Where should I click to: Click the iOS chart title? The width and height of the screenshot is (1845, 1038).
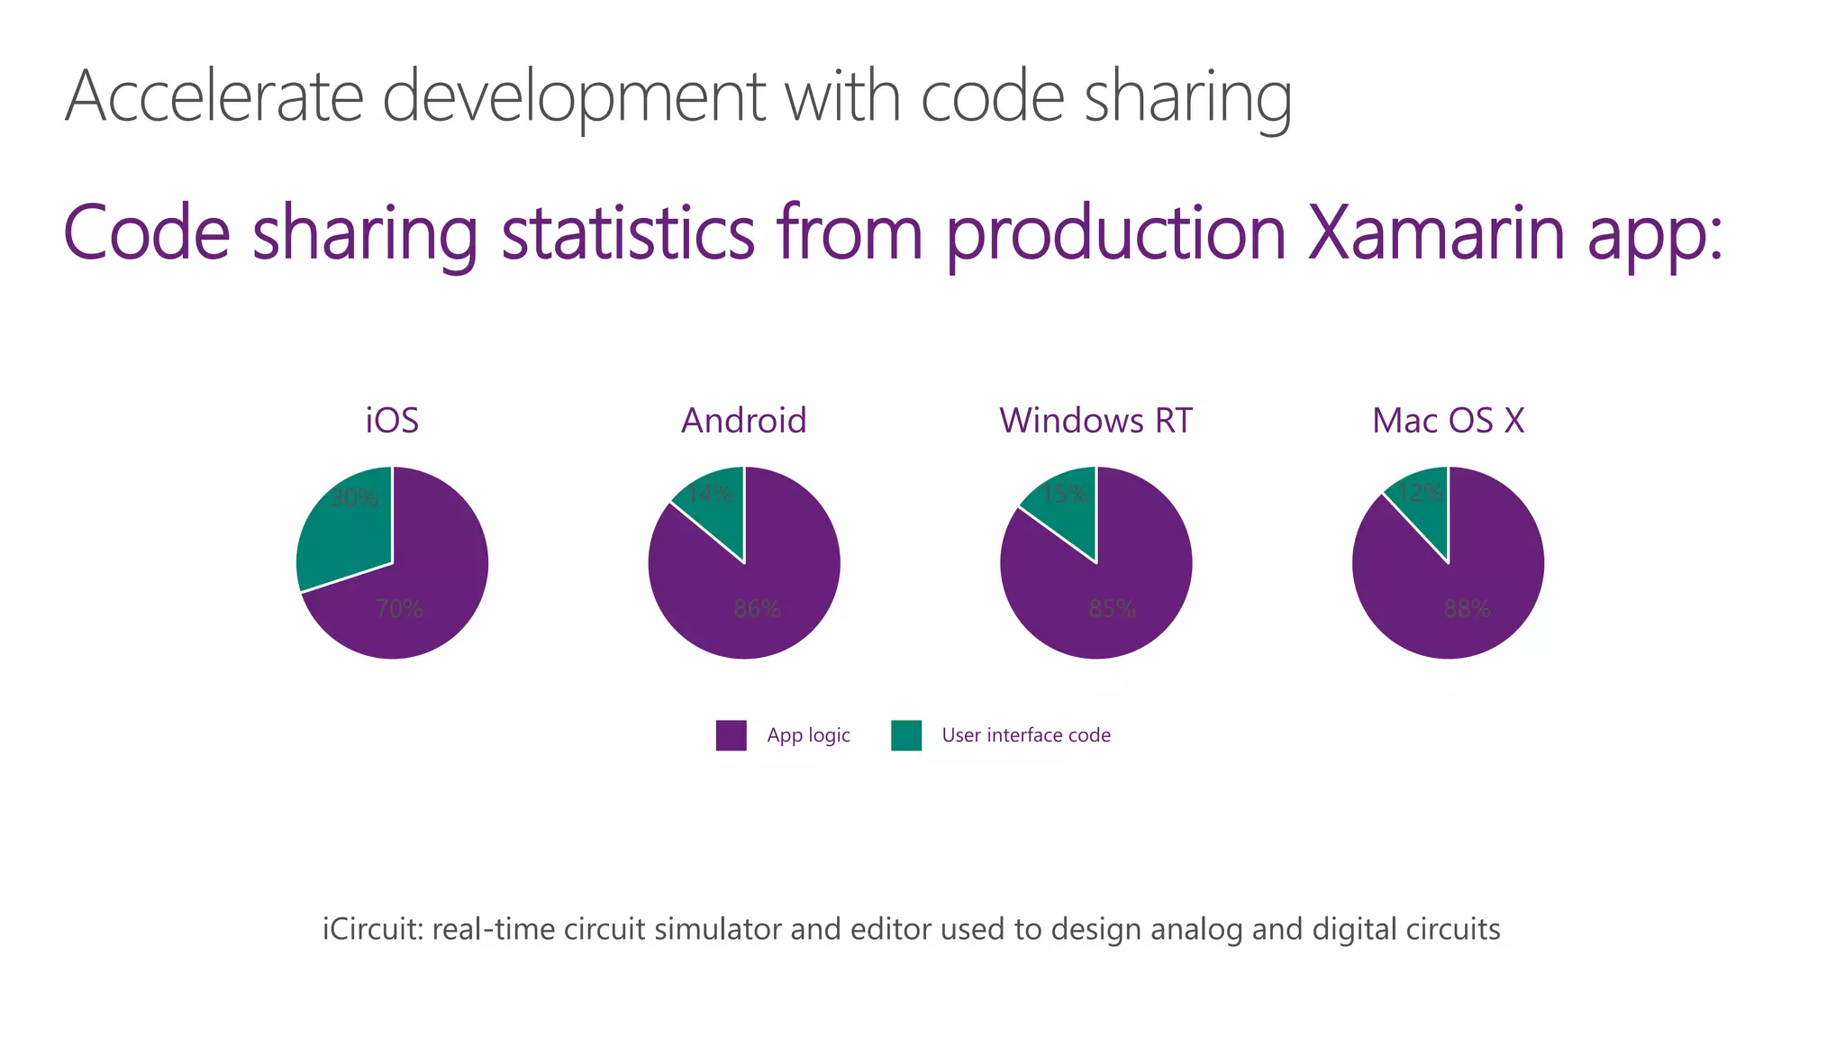coord(392,421)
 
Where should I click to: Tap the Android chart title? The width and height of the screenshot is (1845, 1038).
coord(743,421)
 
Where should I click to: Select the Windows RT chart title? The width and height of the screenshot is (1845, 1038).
coord(1095,421)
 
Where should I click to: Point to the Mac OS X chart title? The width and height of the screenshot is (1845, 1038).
coord(1448,421)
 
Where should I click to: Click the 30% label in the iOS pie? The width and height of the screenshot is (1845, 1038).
coord(354,498)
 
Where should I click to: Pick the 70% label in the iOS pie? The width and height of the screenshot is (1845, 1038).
coord(399,609)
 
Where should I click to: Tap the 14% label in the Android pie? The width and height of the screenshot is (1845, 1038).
coord(709,494)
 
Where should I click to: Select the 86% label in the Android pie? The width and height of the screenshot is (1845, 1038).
coord(757,609)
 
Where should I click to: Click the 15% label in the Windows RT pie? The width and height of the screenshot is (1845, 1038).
coord(1064,494)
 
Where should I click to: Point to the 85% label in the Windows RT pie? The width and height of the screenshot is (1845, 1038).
coord(1112,609)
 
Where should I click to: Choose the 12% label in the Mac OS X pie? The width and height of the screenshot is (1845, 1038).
coord(1421,493)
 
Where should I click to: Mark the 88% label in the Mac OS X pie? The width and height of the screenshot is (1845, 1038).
coord(1467,609)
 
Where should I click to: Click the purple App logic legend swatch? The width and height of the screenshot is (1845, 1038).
coord(731,735)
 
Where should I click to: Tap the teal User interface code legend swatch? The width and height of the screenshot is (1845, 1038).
coord(906,735)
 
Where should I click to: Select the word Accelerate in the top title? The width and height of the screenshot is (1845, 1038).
coord(214,96)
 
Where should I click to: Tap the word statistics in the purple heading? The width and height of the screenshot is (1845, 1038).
coord(628,232)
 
